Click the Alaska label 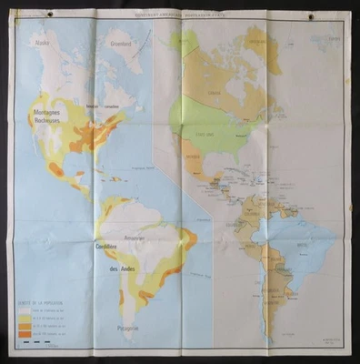42,42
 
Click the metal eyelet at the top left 27,15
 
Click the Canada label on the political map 217,92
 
